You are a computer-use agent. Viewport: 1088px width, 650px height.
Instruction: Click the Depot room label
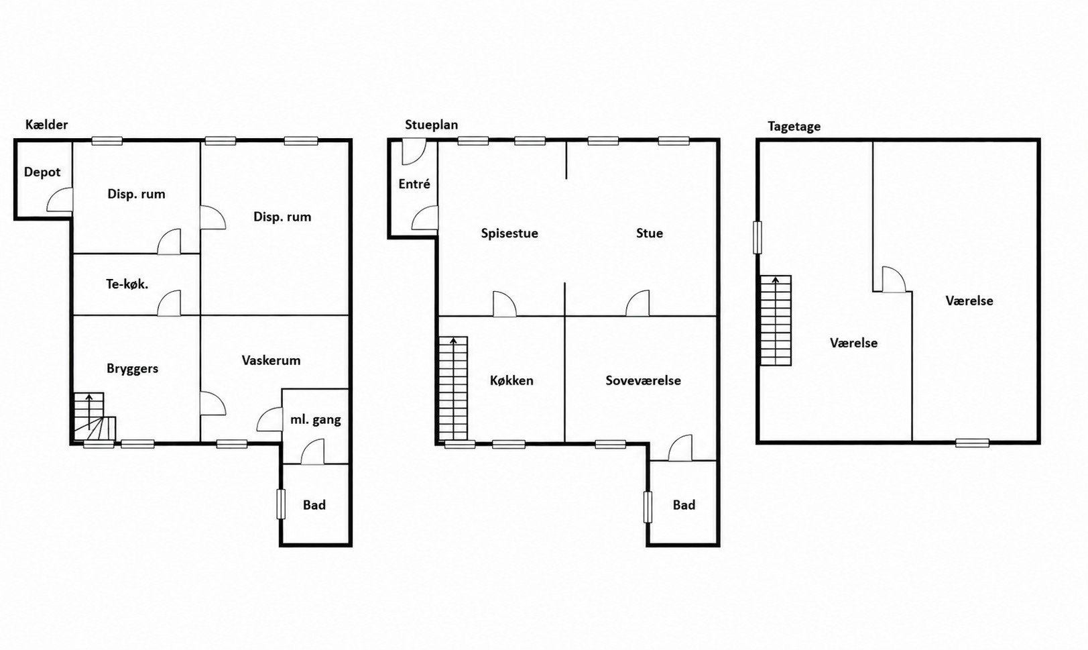point(42,172)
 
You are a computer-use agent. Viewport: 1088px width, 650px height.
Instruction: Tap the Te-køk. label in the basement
point(127,284)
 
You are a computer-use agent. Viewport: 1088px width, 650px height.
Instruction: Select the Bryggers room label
point(132,369)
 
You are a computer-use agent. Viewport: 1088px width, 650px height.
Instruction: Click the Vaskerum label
point(271,360)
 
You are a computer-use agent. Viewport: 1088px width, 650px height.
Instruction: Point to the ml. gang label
point(316,420)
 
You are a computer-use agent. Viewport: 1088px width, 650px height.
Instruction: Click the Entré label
point(414,184)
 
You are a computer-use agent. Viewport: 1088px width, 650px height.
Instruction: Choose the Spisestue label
point(509,234)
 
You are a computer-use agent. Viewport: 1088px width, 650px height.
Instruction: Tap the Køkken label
point(511,380)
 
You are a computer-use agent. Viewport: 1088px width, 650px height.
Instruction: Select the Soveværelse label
point(643,380)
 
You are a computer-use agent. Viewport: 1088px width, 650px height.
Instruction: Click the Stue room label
point(650,233)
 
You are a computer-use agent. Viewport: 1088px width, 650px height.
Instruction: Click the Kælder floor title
point(47,125)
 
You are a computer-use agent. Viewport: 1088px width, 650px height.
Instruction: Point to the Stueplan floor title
point(431,125)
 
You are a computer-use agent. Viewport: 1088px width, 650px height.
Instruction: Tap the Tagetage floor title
point(794,127)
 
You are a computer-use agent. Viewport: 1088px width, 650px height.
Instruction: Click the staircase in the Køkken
point(453,389)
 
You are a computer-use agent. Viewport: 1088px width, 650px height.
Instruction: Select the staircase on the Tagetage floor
point(775,321)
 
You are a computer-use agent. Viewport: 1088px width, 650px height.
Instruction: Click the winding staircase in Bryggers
point(95,417)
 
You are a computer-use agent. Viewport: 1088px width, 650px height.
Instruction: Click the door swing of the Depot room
point(60,200)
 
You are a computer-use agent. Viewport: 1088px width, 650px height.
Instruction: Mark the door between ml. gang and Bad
point(312,452)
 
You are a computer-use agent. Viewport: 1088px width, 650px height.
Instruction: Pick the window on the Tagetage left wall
point(758,237)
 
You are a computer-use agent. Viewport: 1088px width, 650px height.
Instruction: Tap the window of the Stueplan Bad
point(648,508)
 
